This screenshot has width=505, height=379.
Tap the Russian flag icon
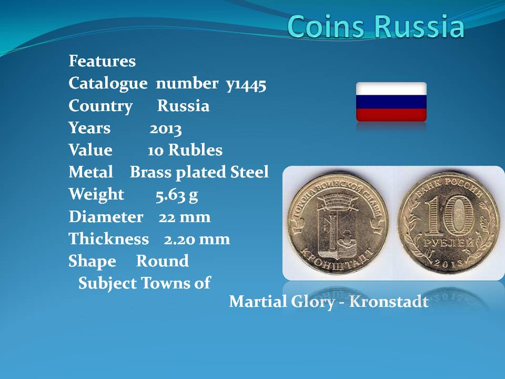click(x=391, y=102)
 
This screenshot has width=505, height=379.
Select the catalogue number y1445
click(x=246, y=84)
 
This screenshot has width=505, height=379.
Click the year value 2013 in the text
click(x=166, y=129)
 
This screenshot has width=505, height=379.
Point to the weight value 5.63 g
click(x=177, y=195)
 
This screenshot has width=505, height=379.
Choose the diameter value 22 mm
click(x=184, y=217)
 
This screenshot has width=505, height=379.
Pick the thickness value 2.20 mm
click(x=197, y=239)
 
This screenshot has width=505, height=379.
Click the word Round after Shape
click(x=163, y=261)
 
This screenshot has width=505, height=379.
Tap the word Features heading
click(x=102, y=61)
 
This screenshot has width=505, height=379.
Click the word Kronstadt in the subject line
click(x=389, y=302)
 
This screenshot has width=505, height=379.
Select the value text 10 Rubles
click(x=185, y=151)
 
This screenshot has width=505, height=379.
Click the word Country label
click(x=100, y=106)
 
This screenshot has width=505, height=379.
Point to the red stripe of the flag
click(x=391, y=115)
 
